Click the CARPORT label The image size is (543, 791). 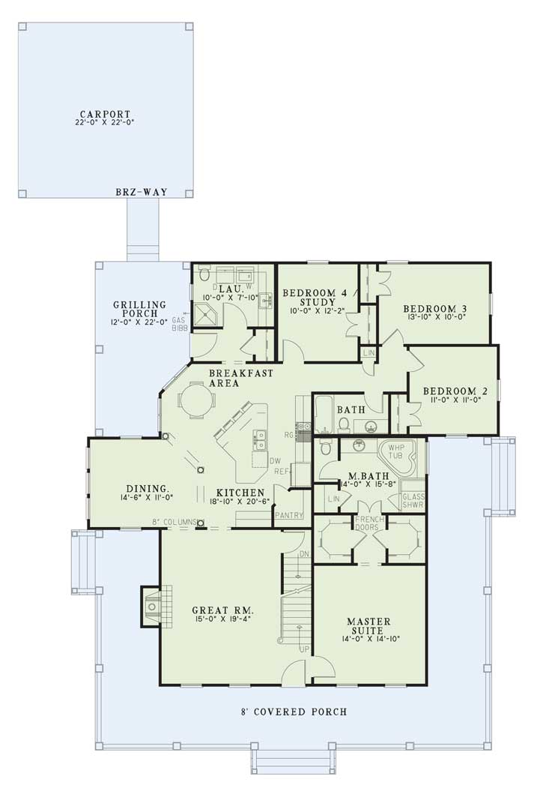pyautogui.click(x=104, y=113)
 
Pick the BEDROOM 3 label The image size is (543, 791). pyautogui.click(x=434, y=308)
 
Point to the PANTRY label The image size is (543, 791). pyautogui.click(x=287, y=516)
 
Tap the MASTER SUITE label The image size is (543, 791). pyautogui.click(x=368, y=628)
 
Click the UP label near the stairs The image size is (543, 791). pyautogui.click(x=305, y=649)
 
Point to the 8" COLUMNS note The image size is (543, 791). pyautogui.click(x=175, y=522)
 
